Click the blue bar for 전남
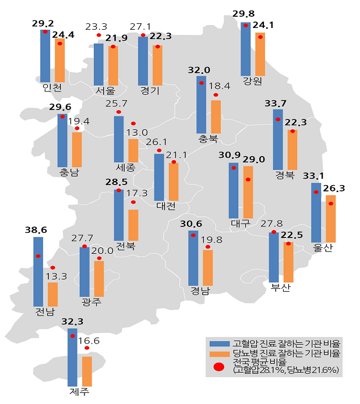click(38, 272)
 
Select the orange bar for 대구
click(248, 192)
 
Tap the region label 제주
click(79, 392)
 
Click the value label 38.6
click(36, 230)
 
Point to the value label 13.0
click(137, 133)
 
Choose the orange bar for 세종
click(133, 151)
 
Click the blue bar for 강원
click(245, 49)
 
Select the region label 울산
click(323, 247)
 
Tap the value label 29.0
click(253, 160)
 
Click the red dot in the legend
click(219, 367)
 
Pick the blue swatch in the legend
click(220, 343)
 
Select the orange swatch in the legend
click(220, 355)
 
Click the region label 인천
click(52, 87)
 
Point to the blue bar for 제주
click(72, 357)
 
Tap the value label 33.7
click(276, 104)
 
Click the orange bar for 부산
click(288, 263)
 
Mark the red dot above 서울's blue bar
click(98, 35)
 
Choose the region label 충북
click(208, 139)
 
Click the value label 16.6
click(89, 341)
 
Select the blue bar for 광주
click(84, 272)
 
